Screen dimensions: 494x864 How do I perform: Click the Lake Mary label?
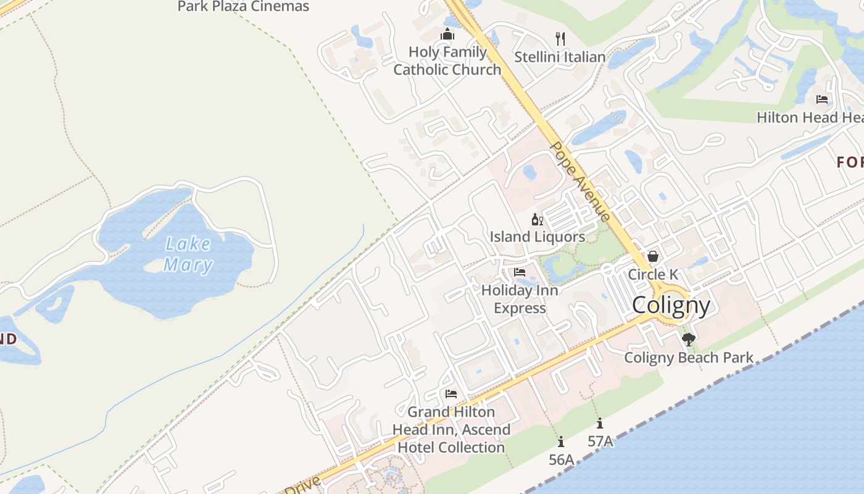[188, 254]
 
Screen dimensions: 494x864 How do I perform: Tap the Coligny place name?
[671, 305]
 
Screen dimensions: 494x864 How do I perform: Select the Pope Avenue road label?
[580, 181]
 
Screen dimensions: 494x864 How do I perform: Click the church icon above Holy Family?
[447, 35]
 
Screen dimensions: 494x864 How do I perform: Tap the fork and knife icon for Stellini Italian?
[560, 39]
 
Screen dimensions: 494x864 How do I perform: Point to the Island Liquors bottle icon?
[537, 219]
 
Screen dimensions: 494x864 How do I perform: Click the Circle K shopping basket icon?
[652, 256]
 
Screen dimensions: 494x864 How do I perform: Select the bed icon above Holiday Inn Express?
[520, 272]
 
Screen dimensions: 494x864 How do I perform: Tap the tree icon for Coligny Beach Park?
[689, 339]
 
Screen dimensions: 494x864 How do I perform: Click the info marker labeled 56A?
[561, 442]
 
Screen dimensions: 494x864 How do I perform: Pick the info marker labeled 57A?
[600, 424]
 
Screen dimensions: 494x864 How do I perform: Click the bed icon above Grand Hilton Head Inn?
[451, 394]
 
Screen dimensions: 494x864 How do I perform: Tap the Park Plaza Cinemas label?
[243, 7]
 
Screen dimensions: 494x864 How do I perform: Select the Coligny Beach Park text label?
[689, 358]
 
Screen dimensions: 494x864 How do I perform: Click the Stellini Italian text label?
[560, 57]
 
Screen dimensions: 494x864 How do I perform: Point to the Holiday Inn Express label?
[520, 299]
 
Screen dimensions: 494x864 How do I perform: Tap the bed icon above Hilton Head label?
[822, 99]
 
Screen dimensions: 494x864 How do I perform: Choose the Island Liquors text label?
[537, 237]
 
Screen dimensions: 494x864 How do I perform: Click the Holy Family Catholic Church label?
[447, 61]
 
